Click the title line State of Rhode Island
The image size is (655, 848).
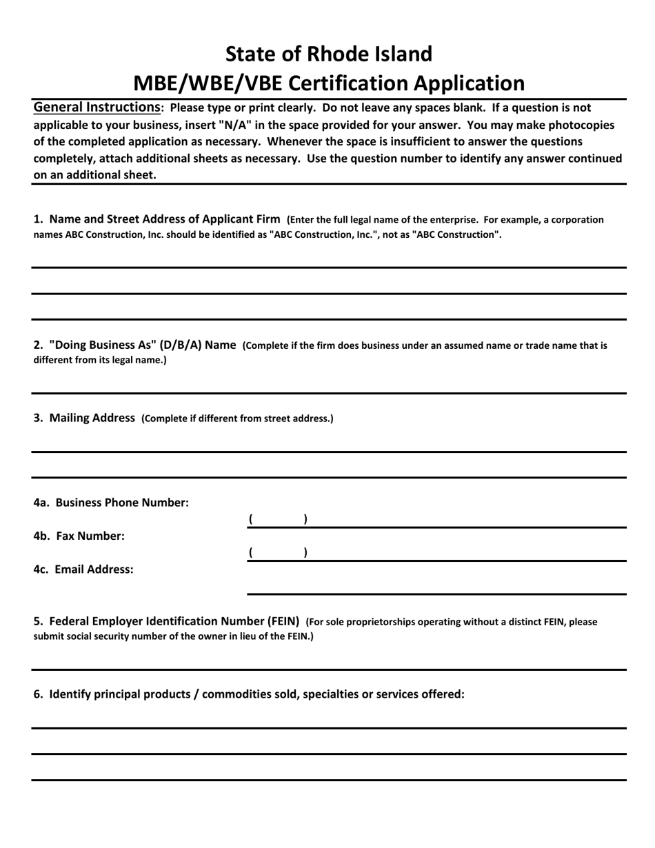329,54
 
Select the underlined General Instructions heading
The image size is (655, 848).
97,108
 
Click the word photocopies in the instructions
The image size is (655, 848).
579,125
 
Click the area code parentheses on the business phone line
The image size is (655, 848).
278,519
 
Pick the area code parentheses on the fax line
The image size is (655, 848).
278,552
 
